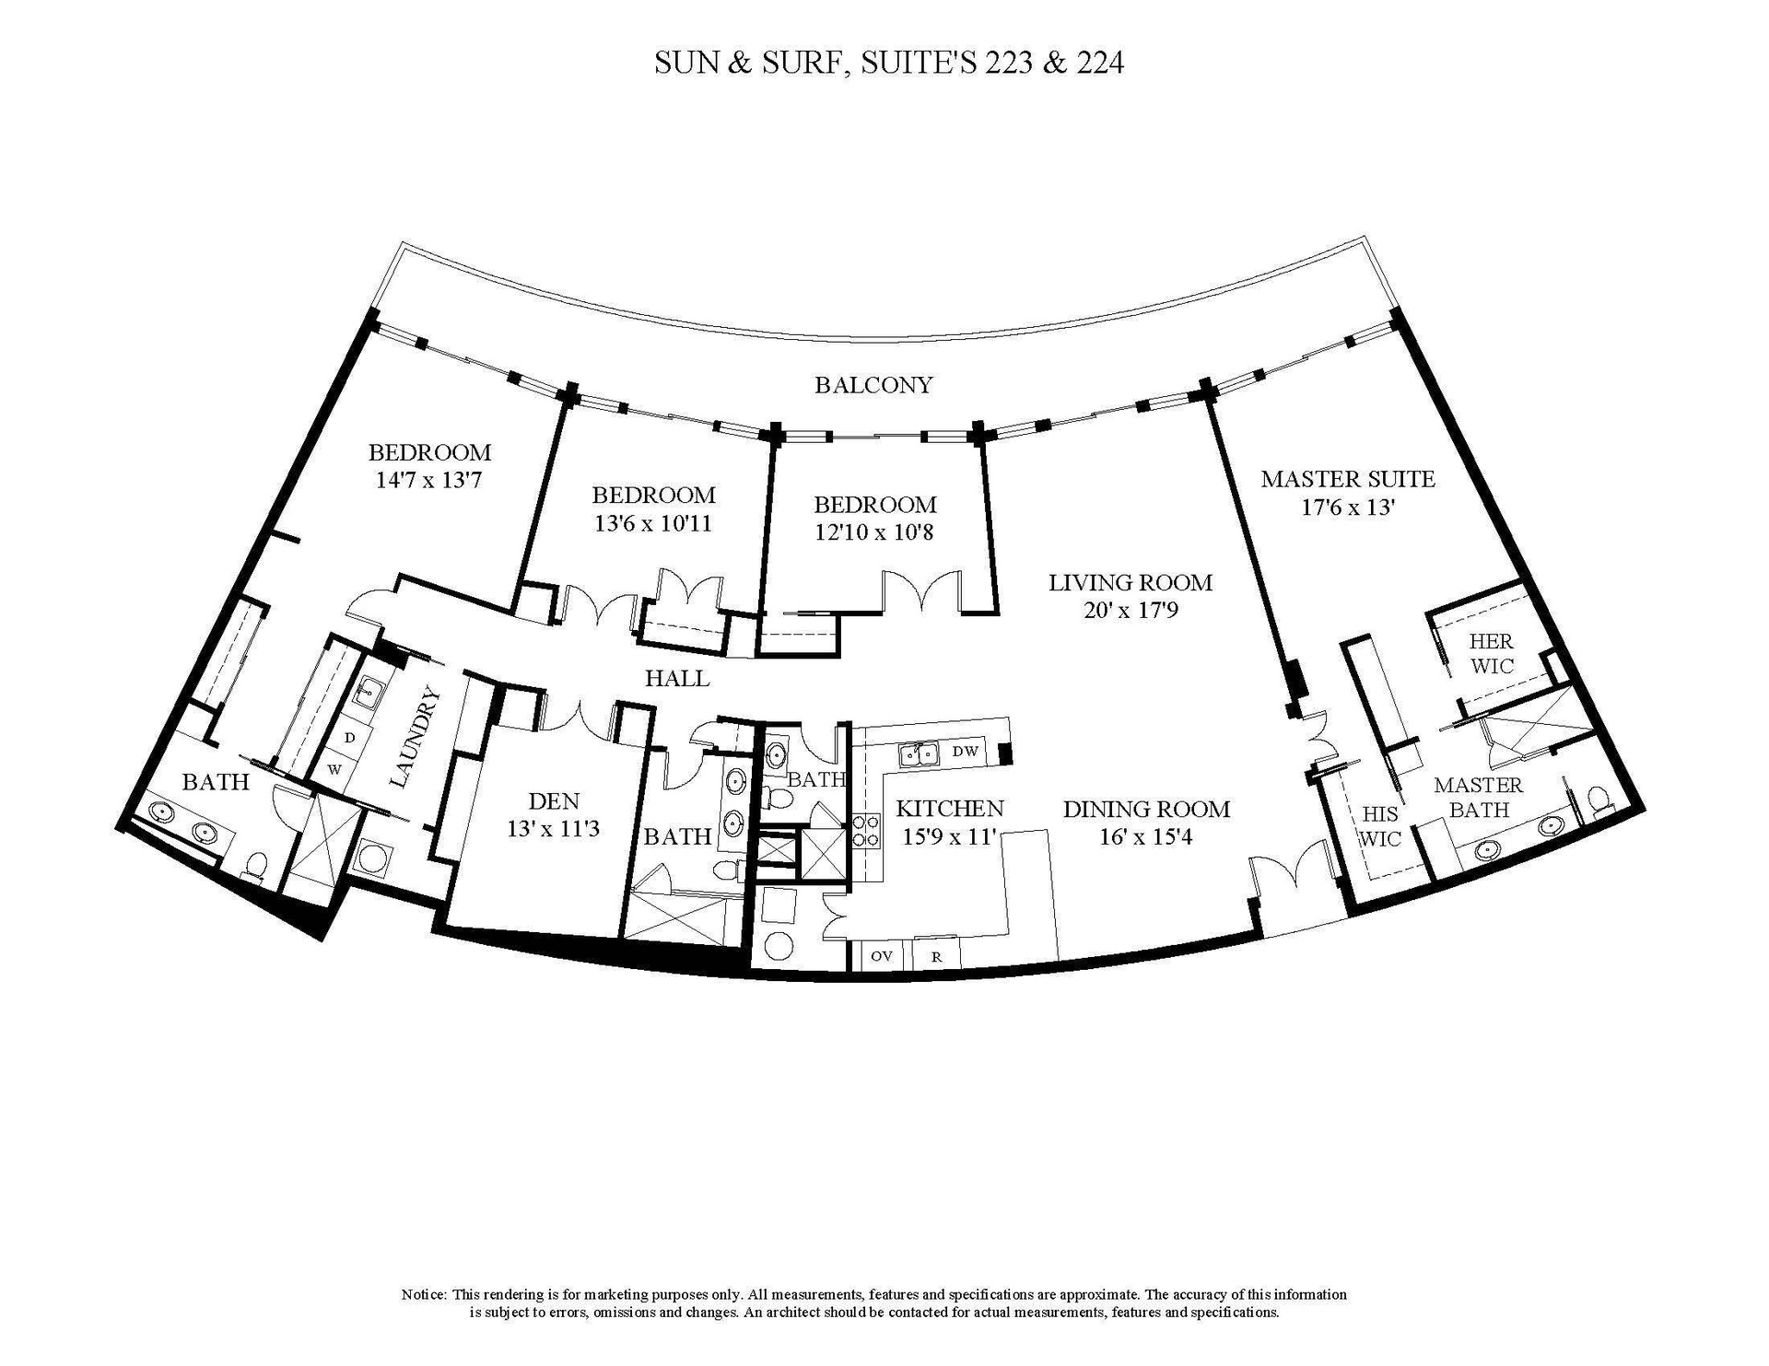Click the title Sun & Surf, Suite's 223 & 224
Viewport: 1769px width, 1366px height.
[889, 63]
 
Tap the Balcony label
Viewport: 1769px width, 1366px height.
[873, 385]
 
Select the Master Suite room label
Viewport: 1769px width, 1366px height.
[1348, 479]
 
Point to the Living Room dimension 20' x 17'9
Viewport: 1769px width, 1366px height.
[1131, 610]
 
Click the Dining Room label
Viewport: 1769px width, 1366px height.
[1146, 809]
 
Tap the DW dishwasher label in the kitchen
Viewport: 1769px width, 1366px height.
[965, 752]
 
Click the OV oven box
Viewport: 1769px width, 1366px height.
[882, 955]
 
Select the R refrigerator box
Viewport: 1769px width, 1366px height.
[936, 955]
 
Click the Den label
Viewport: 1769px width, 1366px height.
[554, 800]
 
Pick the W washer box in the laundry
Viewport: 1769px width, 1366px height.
[334, 767]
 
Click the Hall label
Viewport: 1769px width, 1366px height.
[677, 679]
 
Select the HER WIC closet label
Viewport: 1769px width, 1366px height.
[1491, 652]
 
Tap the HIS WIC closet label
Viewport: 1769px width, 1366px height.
[1380, 825]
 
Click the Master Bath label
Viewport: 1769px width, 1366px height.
[1478, 797]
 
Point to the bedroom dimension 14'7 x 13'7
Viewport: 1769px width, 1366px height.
[429, 479]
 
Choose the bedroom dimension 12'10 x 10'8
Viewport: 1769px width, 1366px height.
[874, 531]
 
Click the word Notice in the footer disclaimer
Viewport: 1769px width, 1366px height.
[423, 1294]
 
